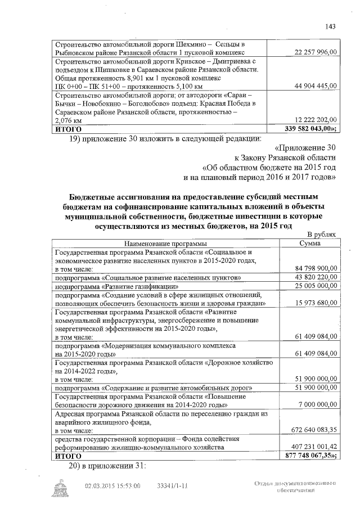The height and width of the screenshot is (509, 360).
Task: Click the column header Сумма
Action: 310,244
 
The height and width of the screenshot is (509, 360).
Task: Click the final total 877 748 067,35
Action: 311,456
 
